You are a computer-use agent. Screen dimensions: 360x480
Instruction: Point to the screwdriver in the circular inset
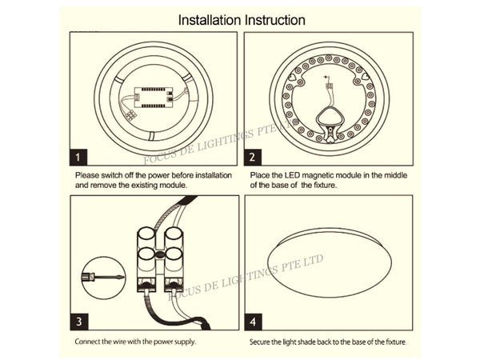tap(100, 276)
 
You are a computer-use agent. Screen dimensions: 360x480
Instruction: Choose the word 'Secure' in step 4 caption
tap(262, 342)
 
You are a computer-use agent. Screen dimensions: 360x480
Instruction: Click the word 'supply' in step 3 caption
tap(182, 342)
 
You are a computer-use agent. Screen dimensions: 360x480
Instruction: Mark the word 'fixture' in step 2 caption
tap(320, 185)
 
